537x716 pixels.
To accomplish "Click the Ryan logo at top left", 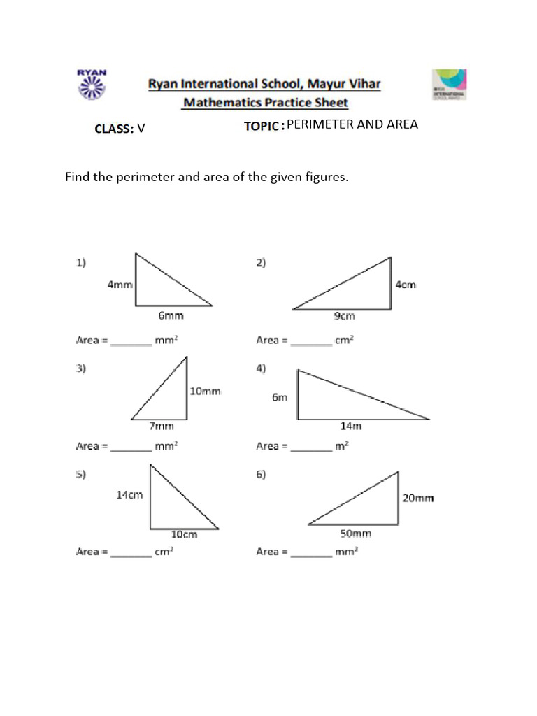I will (x=90, y=85).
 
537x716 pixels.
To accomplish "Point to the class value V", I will (x=141, y=128).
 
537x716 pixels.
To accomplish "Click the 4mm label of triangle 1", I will (x=120, y=285).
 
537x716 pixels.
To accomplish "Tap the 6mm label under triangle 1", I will (x=171, y=316).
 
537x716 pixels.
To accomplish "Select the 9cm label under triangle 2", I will (x=344, y=316).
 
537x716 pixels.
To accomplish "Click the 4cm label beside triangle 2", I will (x=406, y=285).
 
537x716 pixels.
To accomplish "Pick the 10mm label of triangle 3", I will (x=206, y=391).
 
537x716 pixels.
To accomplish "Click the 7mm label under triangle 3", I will (x=162, y=425).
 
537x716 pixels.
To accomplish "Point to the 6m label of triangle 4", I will (x=280, y=397).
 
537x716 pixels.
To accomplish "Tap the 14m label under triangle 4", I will (x=351, y=425).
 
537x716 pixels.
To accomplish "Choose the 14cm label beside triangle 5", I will (x=129, y=494).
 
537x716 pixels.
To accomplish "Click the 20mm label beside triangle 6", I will (x=417, y=498).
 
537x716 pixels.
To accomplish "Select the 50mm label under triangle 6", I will (x=355, y=534).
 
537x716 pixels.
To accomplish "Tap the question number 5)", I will (x=81, y=474).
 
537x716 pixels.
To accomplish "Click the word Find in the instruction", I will (x=78, y=177).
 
